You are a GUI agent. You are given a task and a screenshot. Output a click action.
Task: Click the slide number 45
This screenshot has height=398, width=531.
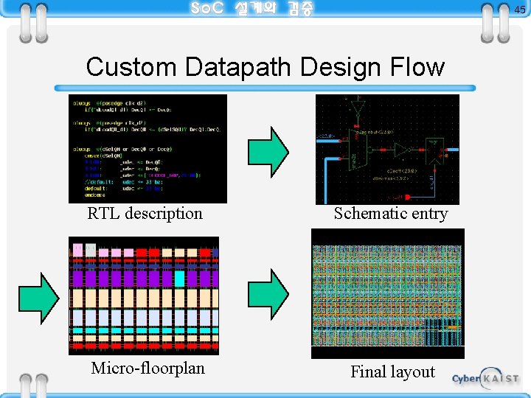520,10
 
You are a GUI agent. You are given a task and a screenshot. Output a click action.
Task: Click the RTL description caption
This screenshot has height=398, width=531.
145,214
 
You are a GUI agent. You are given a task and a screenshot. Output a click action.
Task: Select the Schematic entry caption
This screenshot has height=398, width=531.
391,214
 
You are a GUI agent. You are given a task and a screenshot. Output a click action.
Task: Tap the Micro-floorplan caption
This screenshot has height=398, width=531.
147,368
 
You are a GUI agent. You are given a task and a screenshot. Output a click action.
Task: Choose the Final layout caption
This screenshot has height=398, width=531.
392,372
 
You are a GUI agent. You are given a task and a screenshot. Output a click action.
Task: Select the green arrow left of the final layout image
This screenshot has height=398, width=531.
268,294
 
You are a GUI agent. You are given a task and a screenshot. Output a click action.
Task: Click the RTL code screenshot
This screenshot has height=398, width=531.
147,148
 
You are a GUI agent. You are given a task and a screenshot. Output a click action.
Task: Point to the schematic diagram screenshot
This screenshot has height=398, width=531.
387,149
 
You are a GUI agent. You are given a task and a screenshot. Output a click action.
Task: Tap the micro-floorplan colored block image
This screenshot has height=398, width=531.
144,296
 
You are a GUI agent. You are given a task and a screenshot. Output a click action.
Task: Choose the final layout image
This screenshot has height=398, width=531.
388,293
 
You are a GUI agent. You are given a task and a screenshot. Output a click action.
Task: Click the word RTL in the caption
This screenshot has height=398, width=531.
104,214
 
